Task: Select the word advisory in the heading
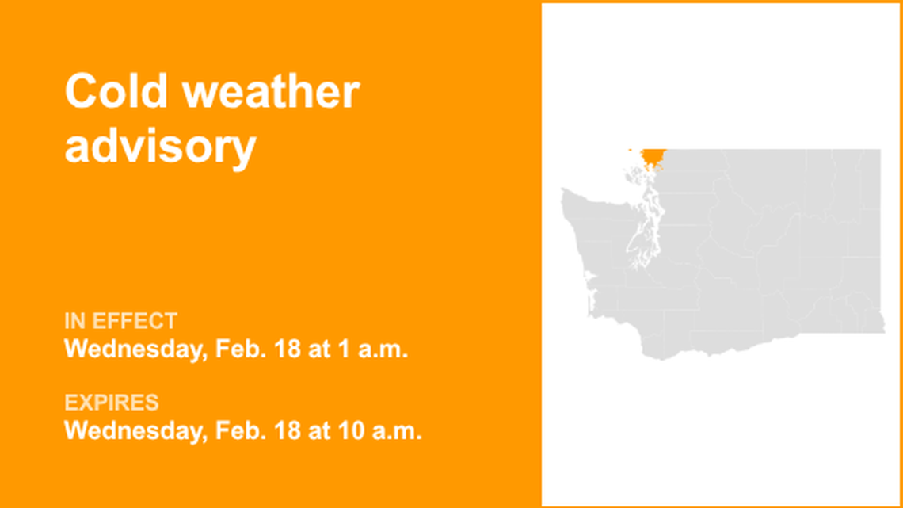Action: [160, 147]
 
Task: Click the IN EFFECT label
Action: [120, 321]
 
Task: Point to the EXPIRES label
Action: [111, 403]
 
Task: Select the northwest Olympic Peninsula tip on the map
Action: [564, 193]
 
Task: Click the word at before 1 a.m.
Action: [321, 349]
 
